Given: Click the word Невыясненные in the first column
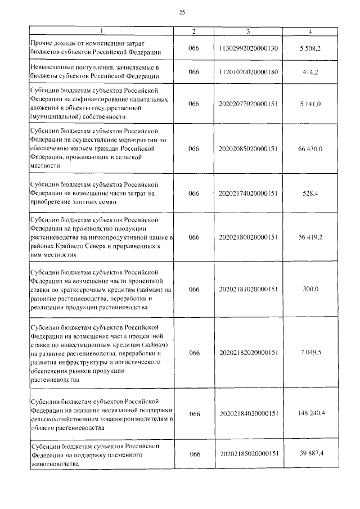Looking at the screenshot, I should point(53,67).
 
